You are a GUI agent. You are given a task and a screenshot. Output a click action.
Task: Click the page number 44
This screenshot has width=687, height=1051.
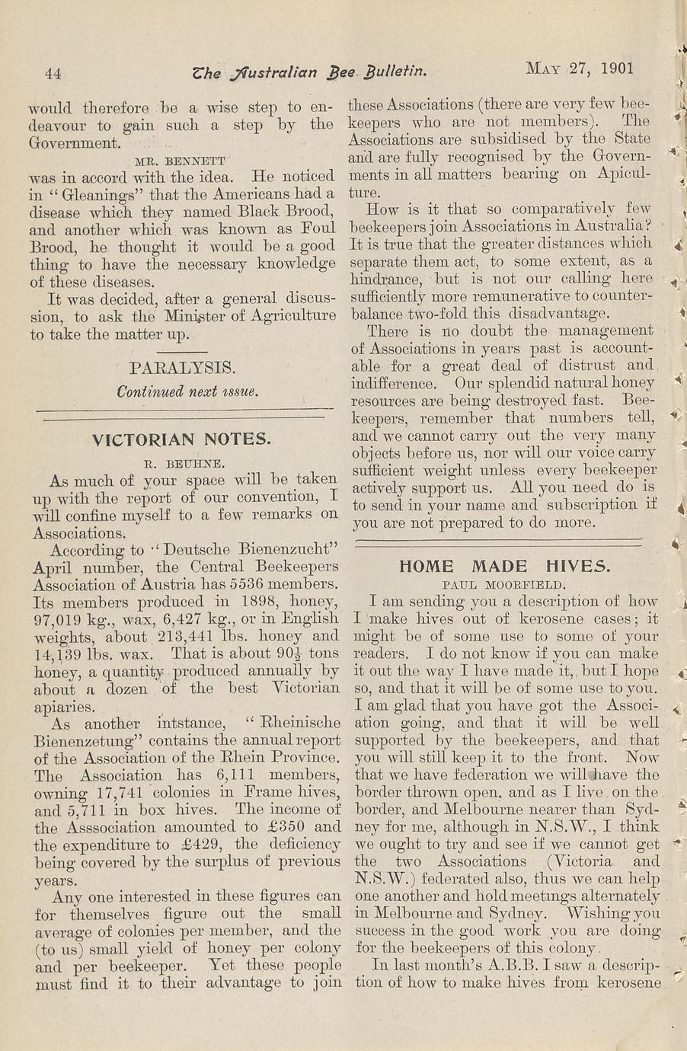pos(53,73)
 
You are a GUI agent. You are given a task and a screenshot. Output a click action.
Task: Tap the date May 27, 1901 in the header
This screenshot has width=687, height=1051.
pos(580,68)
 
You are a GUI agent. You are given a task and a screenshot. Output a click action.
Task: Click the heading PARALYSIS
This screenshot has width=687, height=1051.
pos(181,368)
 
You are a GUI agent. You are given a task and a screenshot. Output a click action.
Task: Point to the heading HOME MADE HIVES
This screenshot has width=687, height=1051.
pos(504,566)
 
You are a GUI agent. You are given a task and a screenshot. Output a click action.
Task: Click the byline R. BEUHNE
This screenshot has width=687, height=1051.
pos(182,462)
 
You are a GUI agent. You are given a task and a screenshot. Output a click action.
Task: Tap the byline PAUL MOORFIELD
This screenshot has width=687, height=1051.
pos(503,585)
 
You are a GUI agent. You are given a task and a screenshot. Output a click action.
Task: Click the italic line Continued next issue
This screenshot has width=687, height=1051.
pos(187,391)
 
